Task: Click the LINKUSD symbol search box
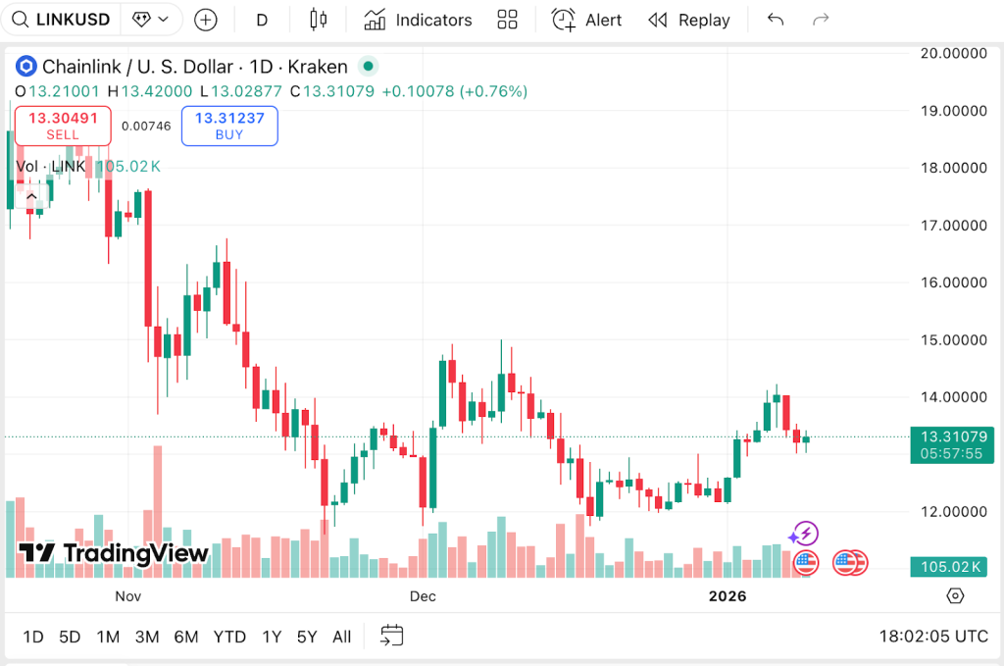(x=65, y=20)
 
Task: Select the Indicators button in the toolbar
(x=418, y=20)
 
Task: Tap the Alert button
(x=586, y=20)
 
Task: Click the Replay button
(x=689, y=20)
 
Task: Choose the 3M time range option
(x=147, y=637)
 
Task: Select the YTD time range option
(x=229, y=637)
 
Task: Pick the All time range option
(x=341, y=637)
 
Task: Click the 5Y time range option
(x=307, y=637)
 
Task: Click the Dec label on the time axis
(x=423, y=595)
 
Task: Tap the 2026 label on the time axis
(x=728, y=595)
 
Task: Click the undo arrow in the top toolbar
(x=776, y=20)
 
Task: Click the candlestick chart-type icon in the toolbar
(x=316, y=20)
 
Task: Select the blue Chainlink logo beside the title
(x=26, y=67)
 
